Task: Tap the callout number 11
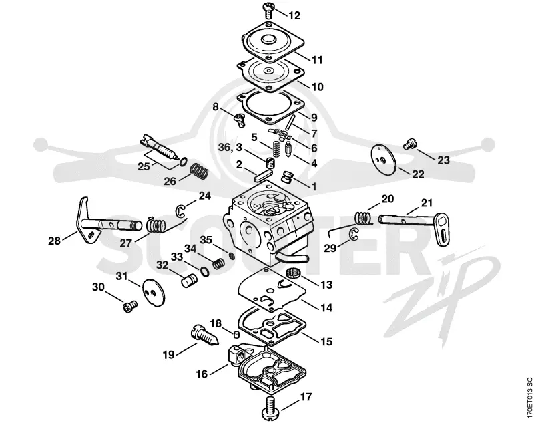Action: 317,60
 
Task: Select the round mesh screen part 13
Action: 292,273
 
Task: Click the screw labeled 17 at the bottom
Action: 272,408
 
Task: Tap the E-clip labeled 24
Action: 180,210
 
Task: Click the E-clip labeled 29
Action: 354,234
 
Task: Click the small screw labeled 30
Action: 129,306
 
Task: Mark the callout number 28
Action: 54,241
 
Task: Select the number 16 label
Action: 202,374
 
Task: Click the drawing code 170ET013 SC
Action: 529,398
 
